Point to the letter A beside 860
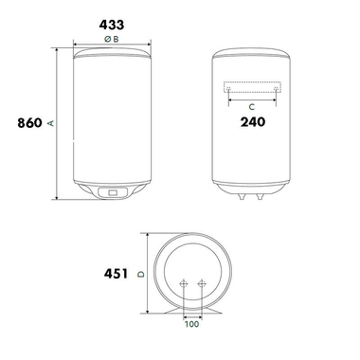[50, 123]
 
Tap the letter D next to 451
[140, 276]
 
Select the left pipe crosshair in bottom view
[183, 284]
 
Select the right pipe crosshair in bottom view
[202, 284]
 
